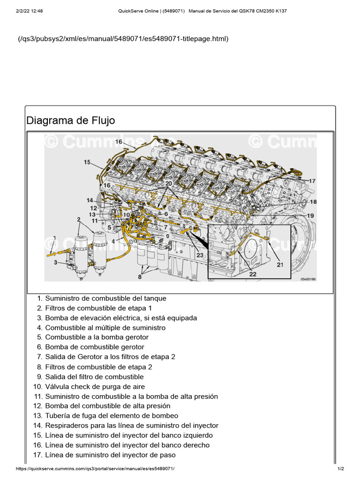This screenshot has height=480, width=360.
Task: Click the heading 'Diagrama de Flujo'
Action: click(x=71, y=120)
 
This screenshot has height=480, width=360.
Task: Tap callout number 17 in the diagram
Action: click(x=312, y=181)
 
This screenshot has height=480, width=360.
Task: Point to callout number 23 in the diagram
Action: click(x=200, y=255)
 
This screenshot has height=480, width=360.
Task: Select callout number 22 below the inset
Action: click(x=253, y=274)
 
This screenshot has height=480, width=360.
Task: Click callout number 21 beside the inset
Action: click(x=280, y=265)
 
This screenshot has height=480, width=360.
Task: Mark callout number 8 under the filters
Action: click(x=139, y=277)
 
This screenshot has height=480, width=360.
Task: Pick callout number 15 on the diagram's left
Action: click(x=88, y=162)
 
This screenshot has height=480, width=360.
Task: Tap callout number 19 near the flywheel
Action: click(x=310, y=216)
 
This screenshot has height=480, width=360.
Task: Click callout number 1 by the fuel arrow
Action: click(x=55, y=238)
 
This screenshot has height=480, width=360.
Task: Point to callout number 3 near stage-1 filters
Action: click(x=55, y=263)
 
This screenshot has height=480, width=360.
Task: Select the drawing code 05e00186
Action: click(x=308, y=279)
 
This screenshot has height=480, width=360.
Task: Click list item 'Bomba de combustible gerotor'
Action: click(x=94, y=347)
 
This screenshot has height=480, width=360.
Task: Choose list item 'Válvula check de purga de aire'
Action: click(x=95, y=387)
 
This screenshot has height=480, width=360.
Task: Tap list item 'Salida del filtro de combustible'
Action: click(x=94, y=377)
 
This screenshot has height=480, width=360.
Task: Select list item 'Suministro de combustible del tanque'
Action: click(x=105, y=298)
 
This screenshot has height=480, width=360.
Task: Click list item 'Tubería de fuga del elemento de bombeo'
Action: click(x=112, y=416)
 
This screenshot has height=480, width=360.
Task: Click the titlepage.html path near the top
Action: click(x=123, y=38)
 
